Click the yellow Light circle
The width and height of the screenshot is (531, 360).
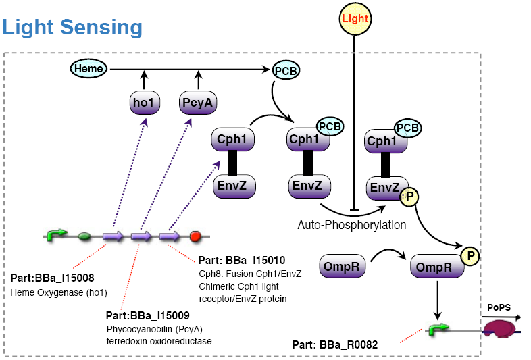pyautogui.click(x=355, y=19)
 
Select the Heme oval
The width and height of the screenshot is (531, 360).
pyautogui.click(x=89, y=68)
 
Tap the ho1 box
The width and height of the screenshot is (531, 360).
pyautogui.click(x=143, y=103)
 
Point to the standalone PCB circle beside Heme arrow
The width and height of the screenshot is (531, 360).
pyautogui.click(x=286, y=70)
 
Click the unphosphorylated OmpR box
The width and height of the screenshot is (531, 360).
pyautogui.click(x=340, y=265)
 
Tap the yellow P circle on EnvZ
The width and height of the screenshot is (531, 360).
pyautogui.click(x=409, y=197)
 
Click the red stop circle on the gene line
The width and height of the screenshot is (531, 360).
pyautogui.click(x=196, y=236)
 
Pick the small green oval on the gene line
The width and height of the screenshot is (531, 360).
pyautogui.click(x=84, y=236)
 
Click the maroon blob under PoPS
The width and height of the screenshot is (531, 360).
pyautogui.click(x=499, y=330)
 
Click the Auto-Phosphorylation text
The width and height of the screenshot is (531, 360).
pyautogui.click(x=352, y=225)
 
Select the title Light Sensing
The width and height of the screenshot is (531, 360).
pyautogui.click(x=72, y=27)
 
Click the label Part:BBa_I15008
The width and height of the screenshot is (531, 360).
pyautogui.click(x=53, y=278)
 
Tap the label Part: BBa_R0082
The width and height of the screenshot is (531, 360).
pyautogui.click(x=335, y=345)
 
